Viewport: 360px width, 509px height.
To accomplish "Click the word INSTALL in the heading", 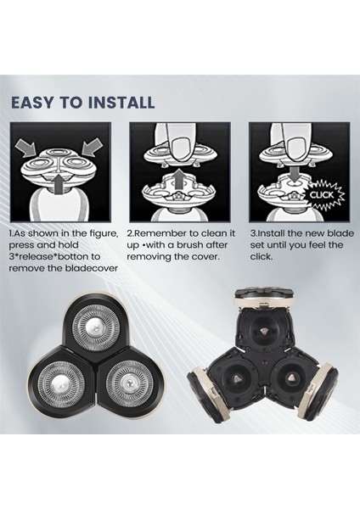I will [121, 103].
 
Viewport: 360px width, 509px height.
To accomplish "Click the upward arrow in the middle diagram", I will [177, 179].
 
